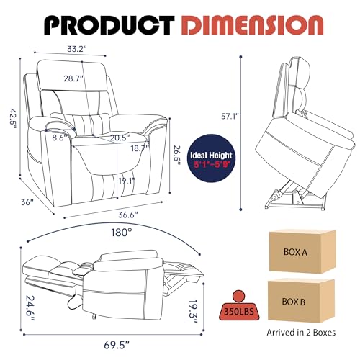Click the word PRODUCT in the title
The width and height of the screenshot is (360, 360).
[x=109, y=25]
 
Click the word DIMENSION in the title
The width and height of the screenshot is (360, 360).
[x=252, y=25]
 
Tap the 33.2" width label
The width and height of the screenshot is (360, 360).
[x=77, y=49]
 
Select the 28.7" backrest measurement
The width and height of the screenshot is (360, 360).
[x=73, y=78]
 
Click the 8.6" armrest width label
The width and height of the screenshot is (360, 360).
[x=59, y=138]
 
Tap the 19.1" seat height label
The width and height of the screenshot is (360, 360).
[x=127, y=181]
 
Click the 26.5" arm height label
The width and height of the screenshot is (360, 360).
[x=178, y=156]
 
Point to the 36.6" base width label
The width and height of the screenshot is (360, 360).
[x=128, y=215]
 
